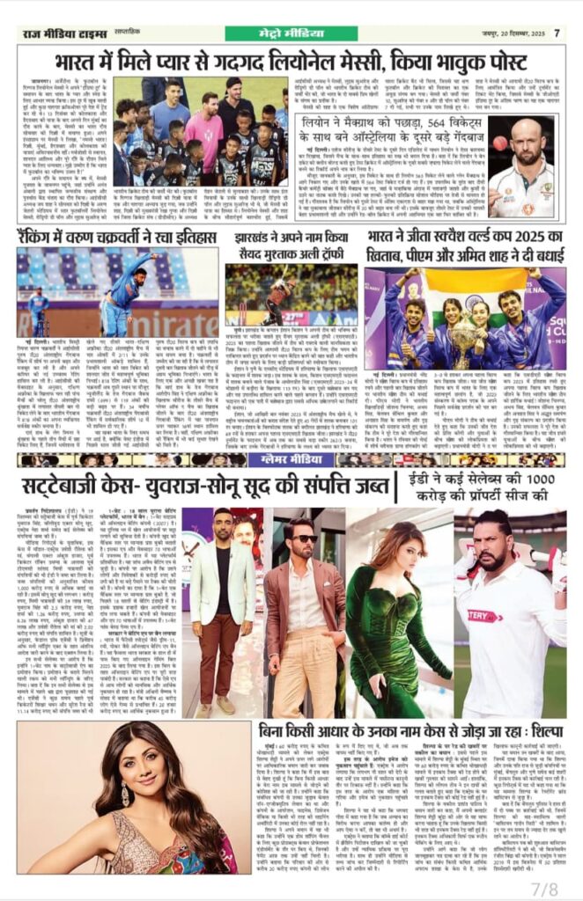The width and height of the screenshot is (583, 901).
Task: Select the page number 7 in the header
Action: click(x=557, y=33)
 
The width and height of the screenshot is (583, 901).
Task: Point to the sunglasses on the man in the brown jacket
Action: click(x=307, y=538)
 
